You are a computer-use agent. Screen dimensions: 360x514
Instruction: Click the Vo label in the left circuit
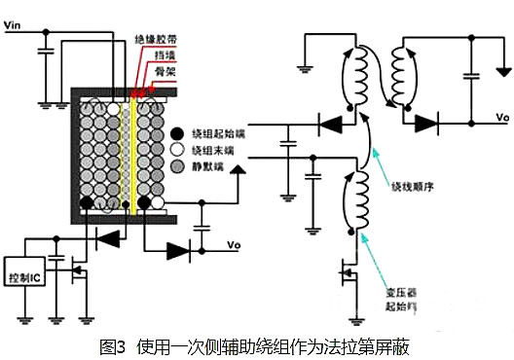click(x=234, y=244)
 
